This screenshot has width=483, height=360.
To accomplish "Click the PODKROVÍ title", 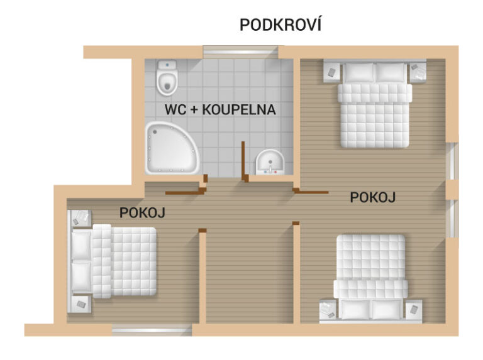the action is point(280,25).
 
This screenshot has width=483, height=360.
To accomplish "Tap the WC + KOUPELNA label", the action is point(220,110).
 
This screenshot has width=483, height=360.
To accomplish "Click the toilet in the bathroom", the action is point(167,77).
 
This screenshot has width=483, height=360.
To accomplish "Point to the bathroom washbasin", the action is point(270,162).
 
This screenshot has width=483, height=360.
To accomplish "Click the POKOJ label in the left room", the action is point(142,212).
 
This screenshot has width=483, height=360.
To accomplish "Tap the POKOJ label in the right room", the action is point(373,197).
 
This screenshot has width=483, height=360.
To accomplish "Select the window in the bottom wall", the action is point(152,330).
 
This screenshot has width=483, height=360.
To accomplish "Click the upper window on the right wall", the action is point(452,161).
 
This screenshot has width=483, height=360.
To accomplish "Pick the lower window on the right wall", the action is point(452,219).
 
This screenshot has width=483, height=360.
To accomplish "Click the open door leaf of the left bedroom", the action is point(184,193).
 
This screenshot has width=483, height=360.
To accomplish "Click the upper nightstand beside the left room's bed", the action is point(80,218).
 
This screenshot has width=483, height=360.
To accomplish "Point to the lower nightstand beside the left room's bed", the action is point(80,304).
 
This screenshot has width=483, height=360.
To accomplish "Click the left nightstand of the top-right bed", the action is point(332,72).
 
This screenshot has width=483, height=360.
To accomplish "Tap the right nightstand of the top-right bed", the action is point(418,72).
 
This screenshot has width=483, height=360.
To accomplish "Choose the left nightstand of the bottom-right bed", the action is point(328,309).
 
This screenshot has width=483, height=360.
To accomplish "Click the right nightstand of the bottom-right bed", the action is point(414,309).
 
